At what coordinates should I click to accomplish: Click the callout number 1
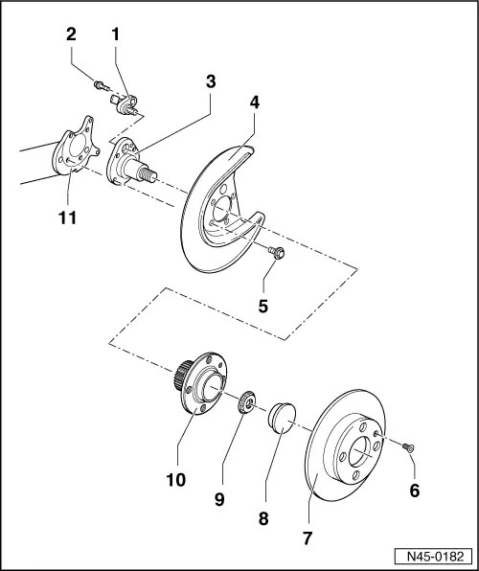click(116, 34)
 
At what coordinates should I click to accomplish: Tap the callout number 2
click(71, 34)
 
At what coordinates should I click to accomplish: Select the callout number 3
click(211, 82)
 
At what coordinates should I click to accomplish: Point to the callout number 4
click(255, 103)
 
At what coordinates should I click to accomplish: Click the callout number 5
click(263, 306)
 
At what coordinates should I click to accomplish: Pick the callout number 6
click(415, 491)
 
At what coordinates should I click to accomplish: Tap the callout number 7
click(308, 538)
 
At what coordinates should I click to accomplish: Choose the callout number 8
click(263, 518)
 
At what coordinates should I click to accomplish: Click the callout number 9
click(219, 499)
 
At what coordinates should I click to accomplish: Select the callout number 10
click(176, 480)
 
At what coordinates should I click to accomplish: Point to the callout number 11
click(67, 217)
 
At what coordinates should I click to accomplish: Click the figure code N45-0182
click(435, 557)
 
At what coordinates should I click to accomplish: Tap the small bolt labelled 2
click(102, 86)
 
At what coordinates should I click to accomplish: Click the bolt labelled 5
click(276, 252)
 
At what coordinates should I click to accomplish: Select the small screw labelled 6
click(408, 447)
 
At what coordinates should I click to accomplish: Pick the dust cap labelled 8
click(282, 418)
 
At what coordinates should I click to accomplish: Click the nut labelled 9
click(246, 401)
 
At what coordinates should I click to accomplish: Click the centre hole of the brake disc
click(361, 452)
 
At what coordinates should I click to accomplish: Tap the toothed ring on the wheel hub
click(181, 376)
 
